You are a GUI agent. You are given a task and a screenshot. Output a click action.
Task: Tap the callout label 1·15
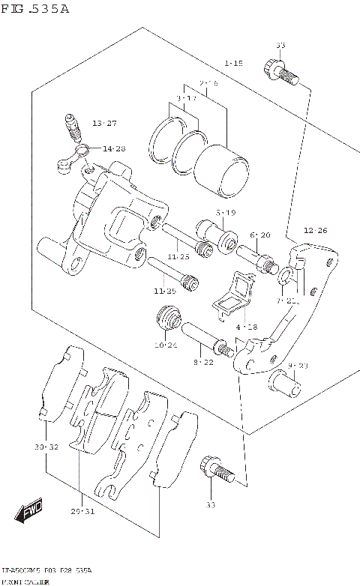click(232, 64)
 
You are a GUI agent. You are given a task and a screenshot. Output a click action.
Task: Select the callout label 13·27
click(105, 123)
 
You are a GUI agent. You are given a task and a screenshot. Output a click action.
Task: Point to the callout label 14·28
click(114, 148)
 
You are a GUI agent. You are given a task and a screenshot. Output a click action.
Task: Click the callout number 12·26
click(316, 230)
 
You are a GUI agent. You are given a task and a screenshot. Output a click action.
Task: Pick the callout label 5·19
click(227, 212)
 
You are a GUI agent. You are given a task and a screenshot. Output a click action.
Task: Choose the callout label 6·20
click(260, 235)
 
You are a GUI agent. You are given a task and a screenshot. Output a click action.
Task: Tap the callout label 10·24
click(166, 345)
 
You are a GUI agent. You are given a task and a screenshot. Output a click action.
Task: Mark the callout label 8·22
click(202, 362)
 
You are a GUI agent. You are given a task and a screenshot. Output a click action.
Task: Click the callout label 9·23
click(298, 366)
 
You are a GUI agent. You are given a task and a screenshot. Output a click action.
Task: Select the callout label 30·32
click(46, 447)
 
